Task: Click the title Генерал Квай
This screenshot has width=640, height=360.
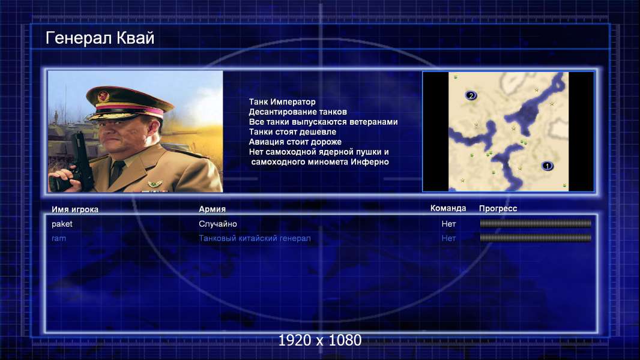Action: point(100,38)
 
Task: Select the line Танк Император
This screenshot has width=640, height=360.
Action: point(282,102)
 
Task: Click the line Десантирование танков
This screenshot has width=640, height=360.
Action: point(298,112)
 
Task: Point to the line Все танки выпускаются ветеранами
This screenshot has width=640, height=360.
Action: point(323,122)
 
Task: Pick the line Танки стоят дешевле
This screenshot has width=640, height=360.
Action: point(292,131)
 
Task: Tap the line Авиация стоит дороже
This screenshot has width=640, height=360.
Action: point(295,142)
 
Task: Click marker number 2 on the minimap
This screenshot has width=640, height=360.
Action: point(471,96)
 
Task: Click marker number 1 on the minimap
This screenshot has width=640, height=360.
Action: point(547,166)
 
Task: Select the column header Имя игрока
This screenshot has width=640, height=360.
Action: point(74,209)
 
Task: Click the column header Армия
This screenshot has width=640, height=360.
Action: point(213,209)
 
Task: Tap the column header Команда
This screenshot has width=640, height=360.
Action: point(448,208)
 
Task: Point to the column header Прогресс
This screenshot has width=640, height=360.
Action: point(498,209)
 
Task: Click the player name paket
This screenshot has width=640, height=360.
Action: point(62,224)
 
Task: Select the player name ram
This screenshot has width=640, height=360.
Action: point(59,238)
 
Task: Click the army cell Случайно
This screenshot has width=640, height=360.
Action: point(218,224)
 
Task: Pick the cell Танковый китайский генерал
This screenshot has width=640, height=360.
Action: point(255,238)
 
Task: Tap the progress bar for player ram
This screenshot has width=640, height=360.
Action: point(536,238)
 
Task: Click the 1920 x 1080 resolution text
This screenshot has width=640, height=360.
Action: point(320,340)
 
